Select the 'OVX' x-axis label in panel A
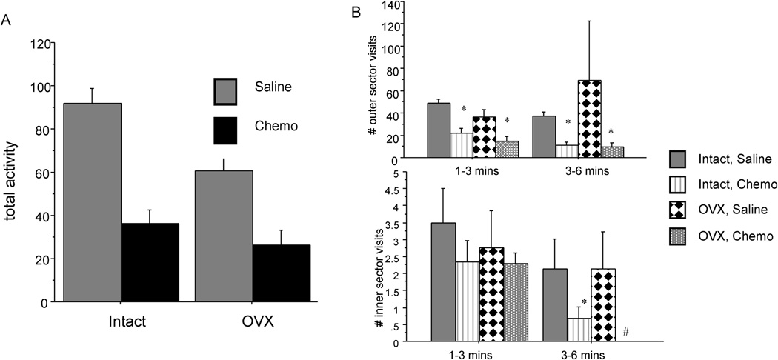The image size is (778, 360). [x=252, y=323]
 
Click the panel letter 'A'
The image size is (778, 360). [x=7, y=22]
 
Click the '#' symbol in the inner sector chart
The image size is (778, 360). [x=626, y=332]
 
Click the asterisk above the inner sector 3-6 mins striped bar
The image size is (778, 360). [x=585, y=302]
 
